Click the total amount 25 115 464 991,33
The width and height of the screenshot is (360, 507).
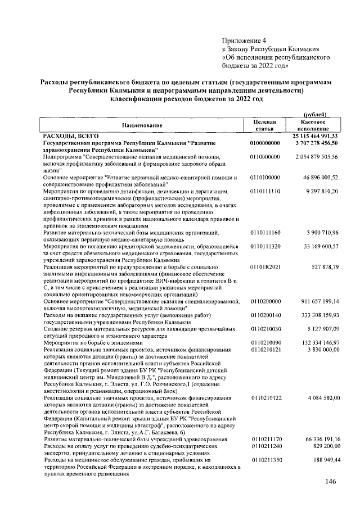315,136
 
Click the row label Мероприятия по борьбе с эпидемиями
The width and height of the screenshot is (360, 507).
92,342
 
